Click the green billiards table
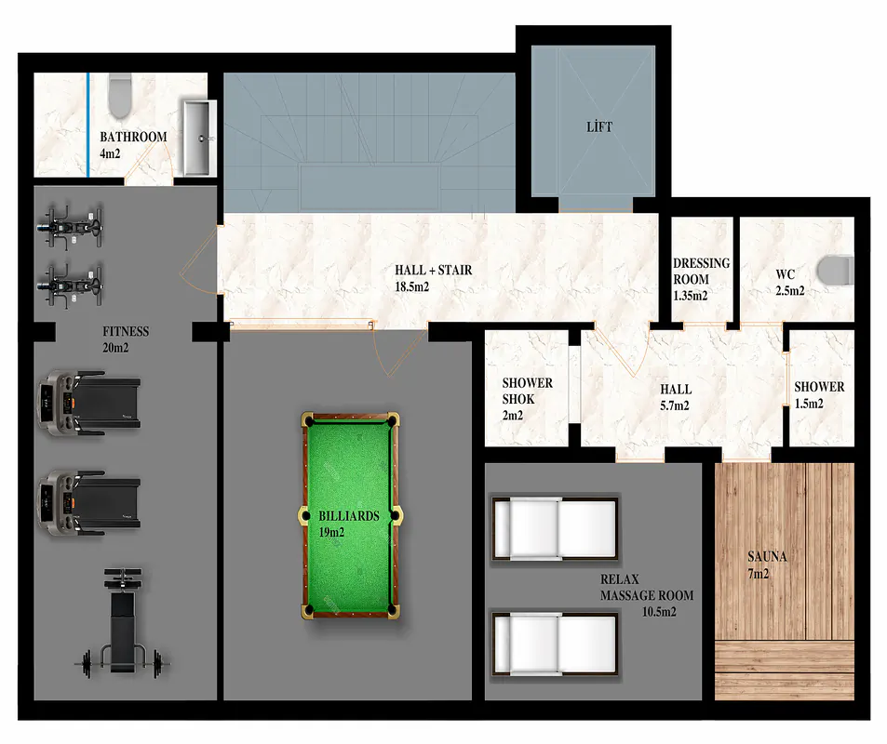pyautogui.click(x=350, y=515)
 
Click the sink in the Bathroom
pyautogui.click(x=198, y=138)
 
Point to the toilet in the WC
pyautogui.click(x=838, y=270)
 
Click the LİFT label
pyautogui.click(x=599, y=126)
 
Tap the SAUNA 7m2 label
pyautogui.click(x=767, y=565)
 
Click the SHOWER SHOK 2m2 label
pyautogui.click(x=527, y=399)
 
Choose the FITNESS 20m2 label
pyautogui.click(x=126, y=339)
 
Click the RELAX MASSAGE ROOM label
pyautogui.click(x=647, y=588)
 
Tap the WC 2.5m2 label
pyautogui.click(x=789, y=283)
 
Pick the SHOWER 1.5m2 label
pyautogui.click(x=819, y=395)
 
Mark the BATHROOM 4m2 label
pyautogui.click(x=133, y=145)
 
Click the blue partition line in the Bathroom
pyautogui.click(x=88, y=125)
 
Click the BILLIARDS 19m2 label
pyautogui.click(x=348, y=525)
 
